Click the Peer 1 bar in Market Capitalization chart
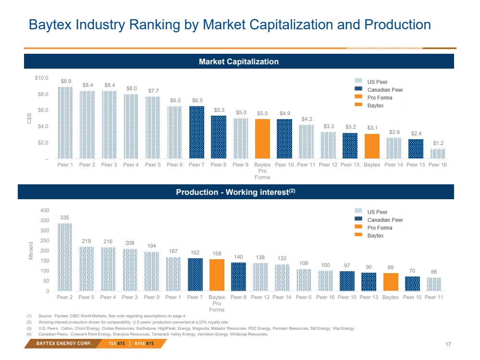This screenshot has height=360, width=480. pyautogui.click(x=65, y=123)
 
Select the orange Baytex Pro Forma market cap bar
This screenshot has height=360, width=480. pyautogui.click(x=262, y=139)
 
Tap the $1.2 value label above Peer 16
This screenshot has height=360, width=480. pyautogui.click(x=438, y=144)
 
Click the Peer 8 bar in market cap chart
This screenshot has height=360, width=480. pyautogui.click(x=219, y=137)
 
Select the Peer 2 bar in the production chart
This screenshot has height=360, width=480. pyautogui.click(x=65, y=257)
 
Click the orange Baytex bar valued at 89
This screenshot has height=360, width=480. pyautogui.click(x=391, y=282)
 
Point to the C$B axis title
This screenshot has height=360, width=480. pyautogui.click(x=29, y=118)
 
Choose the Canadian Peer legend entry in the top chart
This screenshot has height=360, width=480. pyautogui.click(x=385, y=90)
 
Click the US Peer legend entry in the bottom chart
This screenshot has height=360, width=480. pyautogui.click(x=377, y=212)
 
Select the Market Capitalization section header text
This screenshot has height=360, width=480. pyautogui.click(x=239, y=61)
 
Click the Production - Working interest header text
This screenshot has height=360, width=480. pyautogui.click(x=235, y=192)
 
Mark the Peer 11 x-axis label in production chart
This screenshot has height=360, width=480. pyautogui.click(x=434, y=298)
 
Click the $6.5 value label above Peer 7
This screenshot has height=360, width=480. pyautogui.click(x=197, y=100)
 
